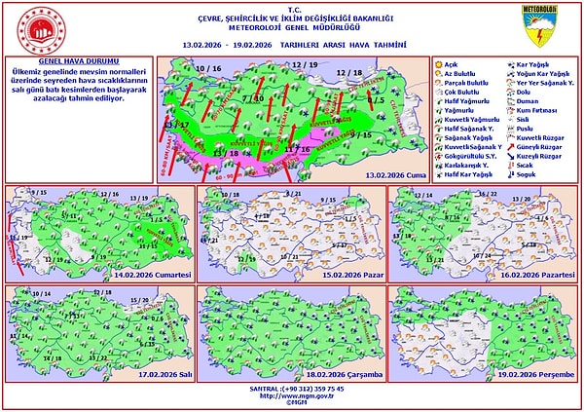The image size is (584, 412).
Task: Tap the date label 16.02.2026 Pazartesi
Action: (x=538, y=278)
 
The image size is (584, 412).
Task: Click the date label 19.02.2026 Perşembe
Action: (x=537, y=374)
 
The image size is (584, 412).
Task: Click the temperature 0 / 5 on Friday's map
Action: (x=377, y=99)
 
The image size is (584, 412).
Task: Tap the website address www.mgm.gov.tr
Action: (x=292, y=395)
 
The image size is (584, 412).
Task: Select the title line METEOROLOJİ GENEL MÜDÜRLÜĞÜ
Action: (x=292, y=28)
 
